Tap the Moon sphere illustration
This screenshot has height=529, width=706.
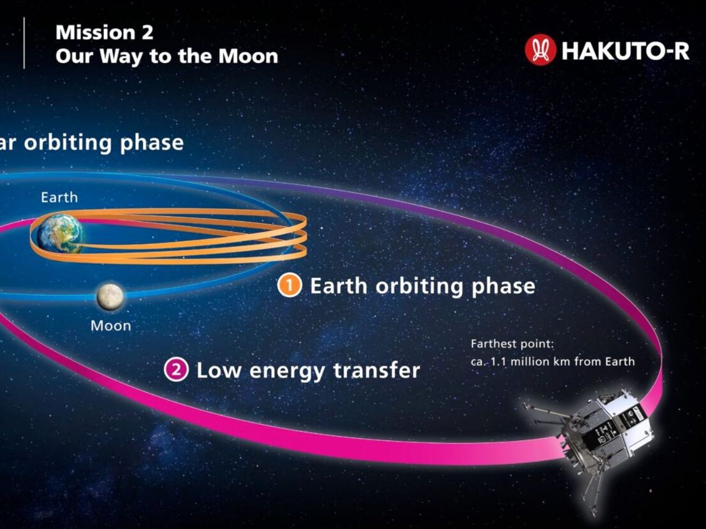[110, 297]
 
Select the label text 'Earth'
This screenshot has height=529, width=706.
[59, 198]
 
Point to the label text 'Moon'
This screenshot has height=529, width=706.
[110, 326]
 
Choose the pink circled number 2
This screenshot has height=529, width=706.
[176, 370]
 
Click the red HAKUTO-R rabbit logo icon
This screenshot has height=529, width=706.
[540, 50]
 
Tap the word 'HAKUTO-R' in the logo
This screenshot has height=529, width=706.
[625, 50]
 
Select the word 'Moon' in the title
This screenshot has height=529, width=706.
[248, 56]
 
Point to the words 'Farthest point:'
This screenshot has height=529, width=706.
[512, 344]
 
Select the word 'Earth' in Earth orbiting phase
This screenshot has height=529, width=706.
[338, 286]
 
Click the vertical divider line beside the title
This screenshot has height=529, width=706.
[24, 43]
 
